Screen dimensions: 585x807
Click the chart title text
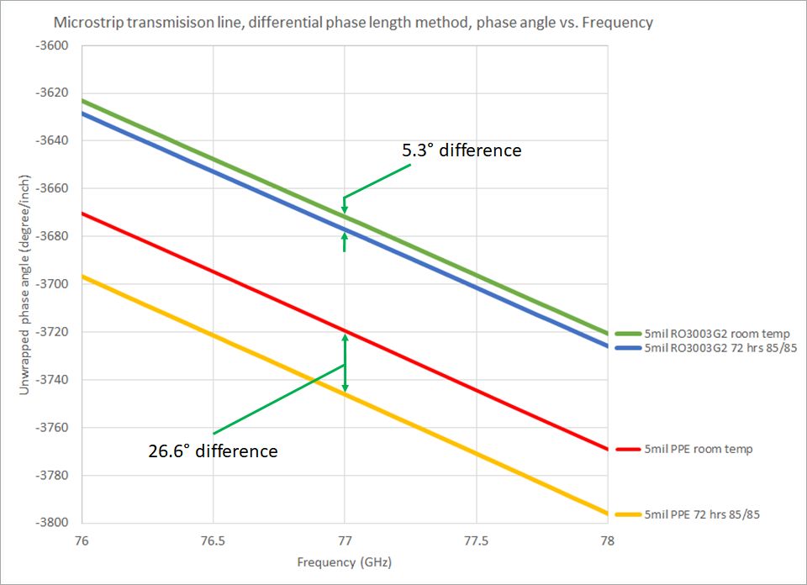352,23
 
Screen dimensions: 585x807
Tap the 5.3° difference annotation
462,150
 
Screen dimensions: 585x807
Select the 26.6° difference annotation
213,451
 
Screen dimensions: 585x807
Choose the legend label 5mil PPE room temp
699,449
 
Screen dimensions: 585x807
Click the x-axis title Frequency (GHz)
345,561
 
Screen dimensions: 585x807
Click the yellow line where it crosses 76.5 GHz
213,336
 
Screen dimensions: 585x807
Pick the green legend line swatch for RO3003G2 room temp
627,334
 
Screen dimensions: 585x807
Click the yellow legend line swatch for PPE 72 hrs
627,514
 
